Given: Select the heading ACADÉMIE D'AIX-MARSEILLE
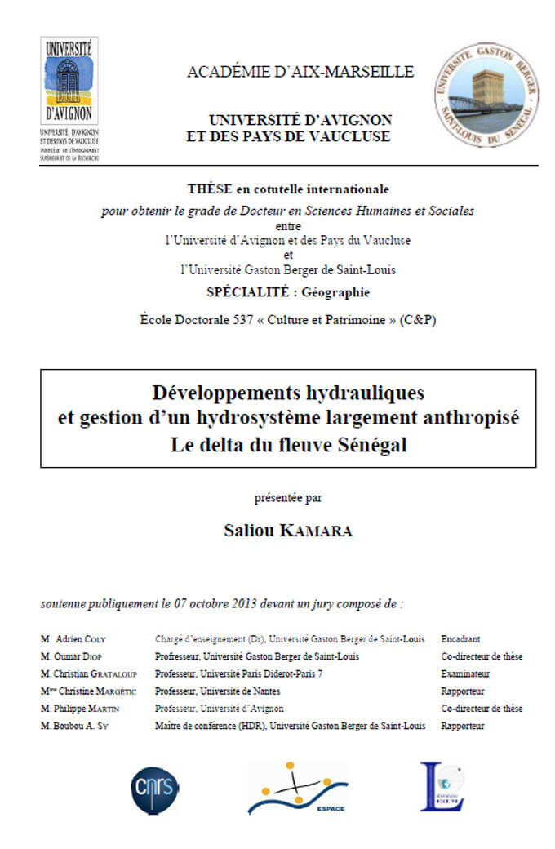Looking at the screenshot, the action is coord(300,72).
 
